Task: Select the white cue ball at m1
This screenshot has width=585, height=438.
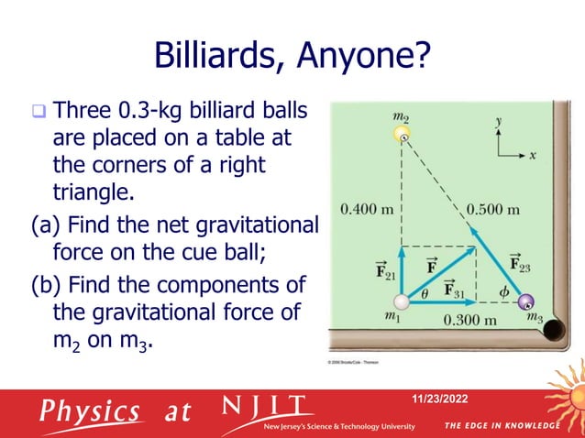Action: tap(401, 301)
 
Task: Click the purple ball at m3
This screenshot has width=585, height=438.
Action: tap(525, 301)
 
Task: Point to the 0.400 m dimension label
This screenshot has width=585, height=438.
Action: tap(367, 208)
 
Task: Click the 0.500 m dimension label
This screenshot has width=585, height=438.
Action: tap(493, 208)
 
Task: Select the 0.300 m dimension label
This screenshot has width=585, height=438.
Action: tap(469, 321)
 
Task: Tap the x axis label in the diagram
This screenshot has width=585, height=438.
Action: tap(532, 155)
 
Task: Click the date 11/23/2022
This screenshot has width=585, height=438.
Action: tap(445, 398)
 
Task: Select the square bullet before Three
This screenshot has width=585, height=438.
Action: tap(39, 115)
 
